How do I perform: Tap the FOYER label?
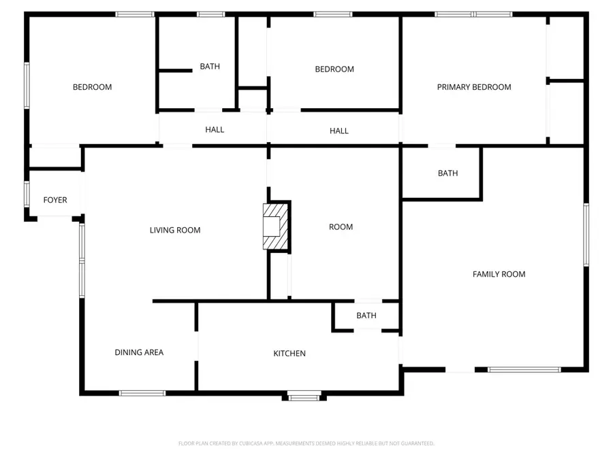pos(55,200)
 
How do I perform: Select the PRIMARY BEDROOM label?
pos(474,87)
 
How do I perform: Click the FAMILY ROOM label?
pos(499,274)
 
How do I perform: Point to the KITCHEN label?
pos(289,354)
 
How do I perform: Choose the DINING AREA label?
pos(139,352)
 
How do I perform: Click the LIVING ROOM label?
pos(175,231)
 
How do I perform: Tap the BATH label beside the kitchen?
pos(366,316)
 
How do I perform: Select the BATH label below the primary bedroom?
pos(447,173)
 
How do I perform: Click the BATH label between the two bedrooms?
pos(210,67)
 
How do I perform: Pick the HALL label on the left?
pos(215,130)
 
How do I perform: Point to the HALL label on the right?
pos(339,131)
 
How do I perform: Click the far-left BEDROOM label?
pos(93,87)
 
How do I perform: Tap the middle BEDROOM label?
pos(334,69)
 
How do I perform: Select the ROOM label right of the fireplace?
pos(341,227)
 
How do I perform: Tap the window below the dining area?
pos(142,393)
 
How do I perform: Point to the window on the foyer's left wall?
pos(27,193)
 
